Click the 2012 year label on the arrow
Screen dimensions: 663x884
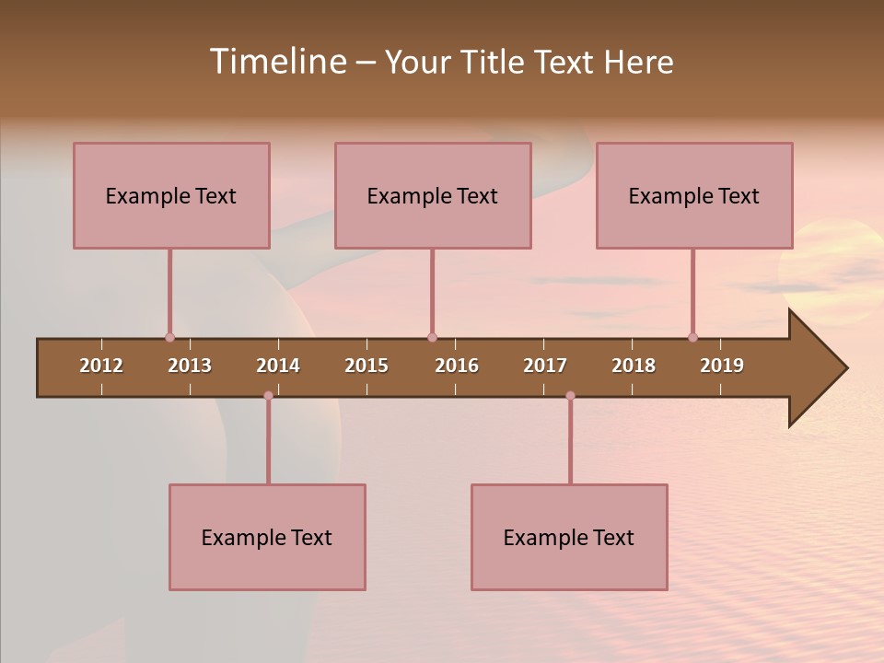pos(101,366)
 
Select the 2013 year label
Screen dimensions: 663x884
pos(190,366)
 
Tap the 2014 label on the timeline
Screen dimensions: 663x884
pos(278,366)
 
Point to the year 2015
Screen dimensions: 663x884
pos(366,366)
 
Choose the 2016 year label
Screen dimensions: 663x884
pos(457,366)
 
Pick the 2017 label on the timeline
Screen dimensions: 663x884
pos(545,366)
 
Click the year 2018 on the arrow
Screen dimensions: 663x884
pos(634,366)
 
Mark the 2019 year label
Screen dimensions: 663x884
pos(722,366)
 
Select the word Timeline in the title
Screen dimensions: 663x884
pos(276,62)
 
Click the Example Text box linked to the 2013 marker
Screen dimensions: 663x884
pos(171,195)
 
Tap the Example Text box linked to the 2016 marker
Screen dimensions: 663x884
pos(433,195)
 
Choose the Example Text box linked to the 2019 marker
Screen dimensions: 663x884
pos(694,195)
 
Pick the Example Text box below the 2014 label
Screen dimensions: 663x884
pos(267,537)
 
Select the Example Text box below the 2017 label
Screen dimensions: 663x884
pos(569,537)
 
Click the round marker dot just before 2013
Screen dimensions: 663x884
pos(169,337)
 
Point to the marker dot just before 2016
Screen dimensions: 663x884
pos(432,337)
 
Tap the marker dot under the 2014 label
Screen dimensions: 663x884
pos(268,396)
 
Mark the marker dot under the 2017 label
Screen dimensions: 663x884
pos(570,396)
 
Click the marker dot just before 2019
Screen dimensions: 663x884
pos(692,337)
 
